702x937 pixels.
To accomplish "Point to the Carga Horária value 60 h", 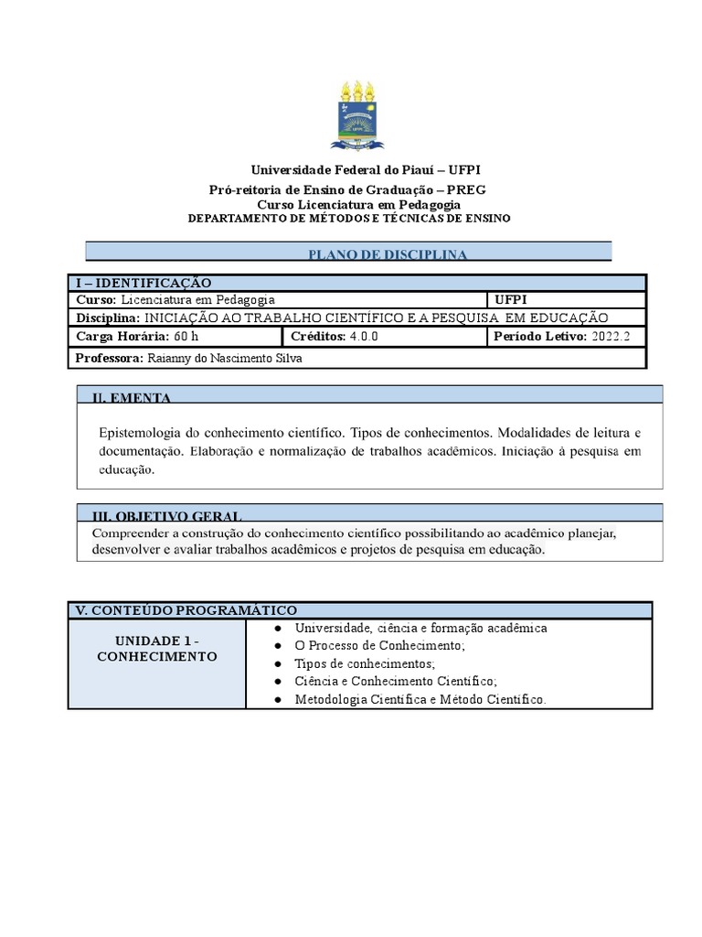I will pos(186,336).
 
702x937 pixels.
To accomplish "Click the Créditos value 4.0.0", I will pos(363,336).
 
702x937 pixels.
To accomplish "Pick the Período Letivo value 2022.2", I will pos(611,336).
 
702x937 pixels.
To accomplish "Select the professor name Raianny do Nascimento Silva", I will pos(224,358).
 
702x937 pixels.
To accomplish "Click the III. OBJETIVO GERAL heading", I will pos(166,516).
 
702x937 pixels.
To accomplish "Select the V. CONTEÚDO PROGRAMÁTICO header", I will pos(186,610).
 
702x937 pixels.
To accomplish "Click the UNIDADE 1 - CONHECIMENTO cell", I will pos(156,649).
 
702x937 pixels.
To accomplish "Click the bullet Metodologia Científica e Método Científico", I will pos(420,699).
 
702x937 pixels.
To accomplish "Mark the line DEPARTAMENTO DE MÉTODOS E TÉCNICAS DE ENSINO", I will pos(349,219).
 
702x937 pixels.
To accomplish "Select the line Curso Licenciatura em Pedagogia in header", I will pos(358,204).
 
